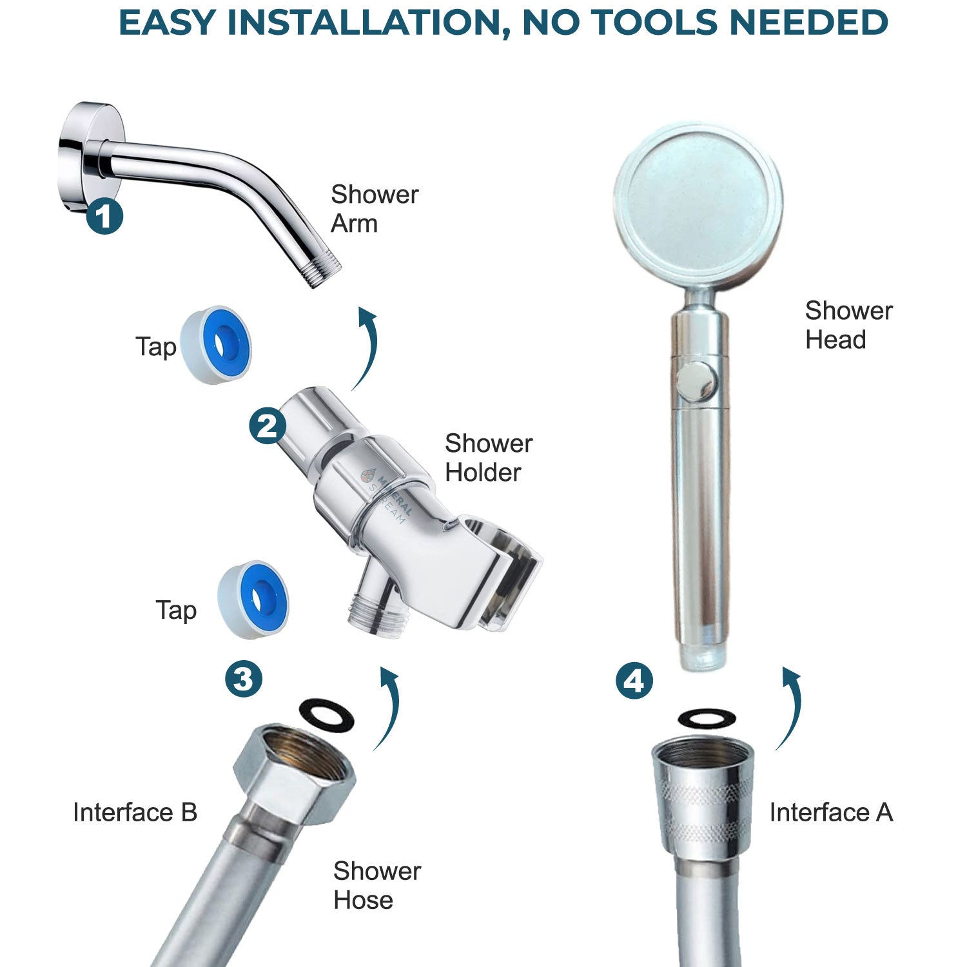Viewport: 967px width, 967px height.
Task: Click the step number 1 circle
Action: tap(104, 216)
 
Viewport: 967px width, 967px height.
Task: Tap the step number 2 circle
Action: tap(268, 425)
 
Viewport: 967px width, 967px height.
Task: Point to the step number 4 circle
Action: tap(634, 681)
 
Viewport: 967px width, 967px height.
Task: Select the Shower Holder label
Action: tap(488, 458)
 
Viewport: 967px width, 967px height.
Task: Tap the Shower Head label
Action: tap(848, 325)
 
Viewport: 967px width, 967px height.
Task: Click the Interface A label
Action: tap(830, 812)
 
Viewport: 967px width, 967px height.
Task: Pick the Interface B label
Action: tap(135, 812)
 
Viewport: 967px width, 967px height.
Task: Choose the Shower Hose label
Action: tap(376, 885)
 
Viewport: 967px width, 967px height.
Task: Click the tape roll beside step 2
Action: tap(216, 345)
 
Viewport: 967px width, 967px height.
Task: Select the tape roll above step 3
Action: tap(253, 600)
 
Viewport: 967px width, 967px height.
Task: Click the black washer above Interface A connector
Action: tap(707, 718)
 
